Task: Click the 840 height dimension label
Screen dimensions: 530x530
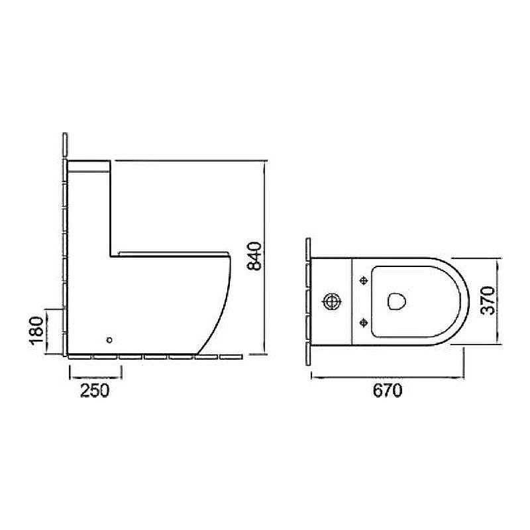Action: [x=254, y=256]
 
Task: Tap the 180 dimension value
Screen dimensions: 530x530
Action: [x=37, y=331]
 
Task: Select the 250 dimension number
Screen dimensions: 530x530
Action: [x=95, y=390]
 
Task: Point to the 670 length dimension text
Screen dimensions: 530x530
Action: [x=388, y=390]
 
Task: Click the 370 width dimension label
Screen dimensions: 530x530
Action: [x=488, y=301]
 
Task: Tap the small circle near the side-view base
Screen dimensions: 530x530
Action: [x=109, y=340]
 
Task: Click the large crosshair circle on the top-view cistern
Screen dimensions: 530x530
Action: [x=333, y=301]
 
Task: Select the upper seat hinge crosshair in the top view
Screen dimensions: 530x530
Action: [x=364, y=280]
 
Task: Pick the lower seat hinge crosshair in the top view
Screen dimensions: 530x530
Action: [x=364, y=323]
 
